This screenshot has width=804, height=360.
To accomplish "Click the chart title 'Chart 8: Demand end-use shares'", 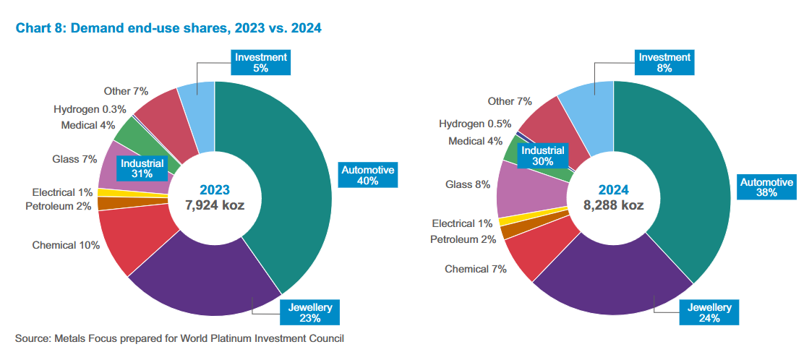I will pyautogui.click(x=168, y=28).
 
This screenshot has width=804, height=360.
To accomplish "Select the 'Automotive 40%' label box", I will pyautogui.click(x=368, y=176).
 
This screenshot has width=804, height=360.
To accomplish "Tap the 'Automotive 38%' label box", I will pyautogui.click(x=767, y=187).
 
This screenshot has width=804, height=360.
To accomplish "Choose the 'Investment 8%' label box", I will pyautogui.click(x=664, y=62).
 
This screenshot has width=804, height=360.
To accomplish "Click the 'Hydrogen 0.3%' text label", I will pyautogui.click(x=90, y=109).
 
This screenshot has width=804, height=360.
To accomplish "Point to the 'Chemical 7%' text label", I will pyautogui.click(x=475, y=269).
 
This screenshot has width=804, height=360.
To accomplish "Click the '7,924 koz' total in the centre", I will pyautogui.click(x=214, y=205).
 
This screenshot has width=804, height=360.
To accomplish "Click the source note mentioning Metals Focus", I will pyautogui.click(x=179, y=338).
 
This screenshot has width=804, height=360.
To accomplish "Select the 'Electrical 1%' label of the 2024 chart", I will pyautogui.click(x=462, y=224).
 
